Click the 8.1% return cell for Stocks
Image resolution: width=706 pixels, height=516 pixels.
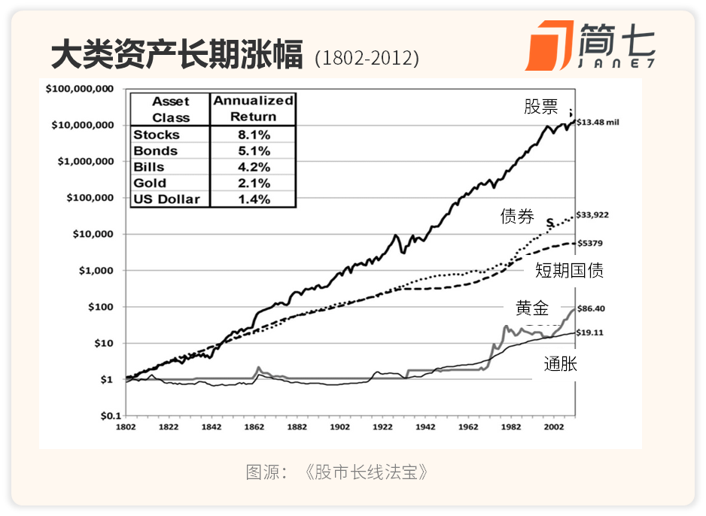tap(254, 135)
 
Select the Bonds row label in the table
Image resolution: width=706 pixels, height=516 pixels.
tap(155, 150)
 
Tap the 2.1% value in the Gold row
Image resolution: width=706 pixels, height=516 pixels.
tap(254, 183)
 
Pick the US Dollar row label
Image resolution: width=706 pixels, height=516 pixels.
tap(166, 199)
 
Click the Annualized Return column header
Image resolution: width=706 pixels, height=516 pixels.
tap(253, 108)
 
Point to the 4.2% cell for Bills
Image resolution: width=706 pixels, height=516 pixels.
tap(254, 167)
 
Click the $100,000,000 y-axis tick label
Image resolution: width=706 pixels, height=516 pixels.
tap(80, 89)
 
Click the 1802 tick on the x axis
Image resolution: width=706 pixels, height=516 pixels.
tap(126, 427)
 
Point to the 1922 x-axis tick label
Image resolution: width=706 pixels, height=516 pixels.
tap(382, 427)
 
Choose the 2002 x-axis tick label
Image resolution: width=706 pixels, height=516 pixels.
tap(553, 427)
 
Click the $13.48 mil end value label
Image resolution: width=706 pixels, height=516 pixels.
tap(598, 123)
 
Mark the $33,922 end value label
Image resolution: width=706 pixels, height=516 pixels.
tap(592, 215)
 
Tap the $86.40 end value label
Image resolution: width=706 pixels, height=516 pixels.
tap(591, 308)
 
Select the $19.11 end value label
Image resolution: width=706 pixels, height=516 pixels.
tap(590, 333)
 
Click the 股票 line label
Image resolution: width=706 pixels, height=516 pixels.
tap(540, 107)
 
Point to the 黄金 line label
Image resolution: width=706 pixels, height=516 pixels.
tap(532, 308)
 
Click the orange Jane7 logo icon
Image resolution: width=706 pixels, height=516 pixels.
tap(549, 45)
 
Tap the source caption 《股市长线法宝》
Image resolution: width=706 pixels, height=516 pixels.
tap(366, 472)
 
